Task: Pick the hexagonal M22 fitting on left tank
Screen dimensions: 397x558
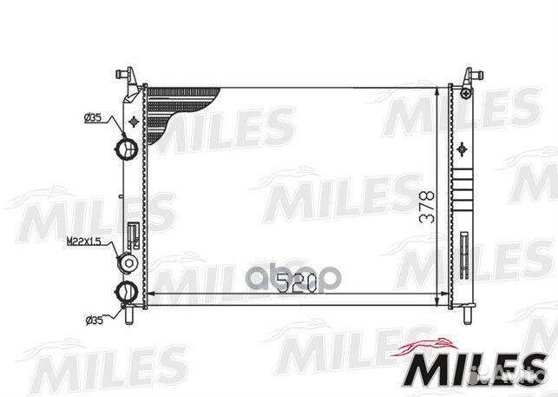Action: [x=128, y=263]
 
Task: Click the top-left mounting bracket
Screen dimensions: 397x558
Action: [x=128, y=76]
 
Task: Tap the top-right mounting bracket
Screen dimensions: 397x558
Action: [x=469, y=76]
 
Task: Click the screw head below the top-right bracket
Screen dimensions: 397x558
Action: [x=468, y=91]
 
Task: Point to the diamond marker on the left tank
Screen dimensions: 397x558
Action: [x=132, y=120]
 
